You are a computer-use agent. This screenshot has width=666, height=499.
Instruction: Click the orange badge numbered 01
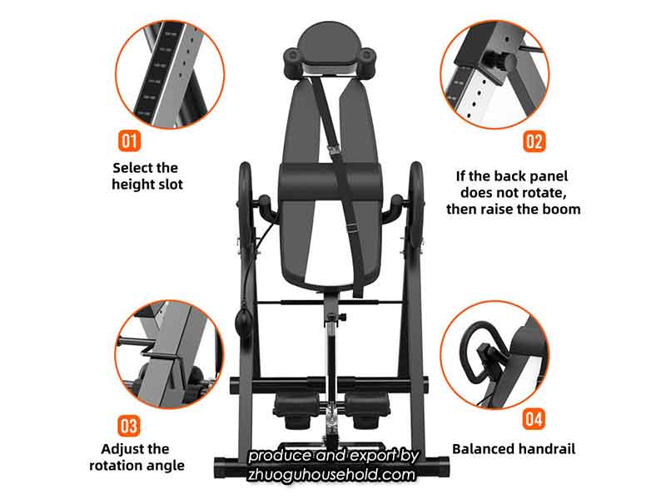pos(131,140)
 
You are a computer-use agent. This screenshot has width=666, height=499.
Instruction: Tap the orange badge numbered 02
pos(534,140)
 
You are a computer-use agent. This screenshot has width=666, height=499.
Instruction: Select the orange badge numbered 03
pos(128,426)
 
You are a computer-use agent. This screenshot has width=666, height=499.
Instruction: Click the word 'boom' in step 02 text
pos(562,210)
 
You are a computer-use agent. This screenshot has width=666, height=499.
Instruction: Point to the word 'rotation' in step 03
pos(118,466)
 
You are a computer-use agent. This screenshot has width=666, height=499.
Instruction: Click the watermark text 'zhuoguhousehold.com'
pos(332,475)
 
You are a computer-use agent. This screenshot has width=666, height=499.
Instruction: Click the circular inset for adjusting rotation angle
pos(168,353)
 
